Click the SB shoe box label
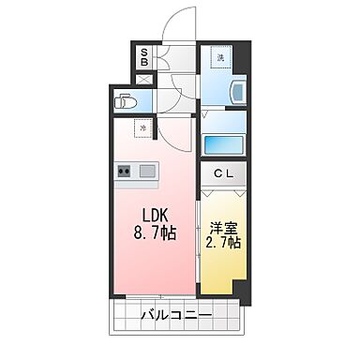coord(144,58)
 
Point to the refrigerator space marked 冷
coord(143,127)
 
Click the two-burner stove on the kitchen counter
coord(126,172)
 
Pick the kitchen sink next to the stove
coord(147,172)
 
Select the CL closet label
coord(223,173)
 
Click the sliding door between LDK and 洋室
coord(199,239)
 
